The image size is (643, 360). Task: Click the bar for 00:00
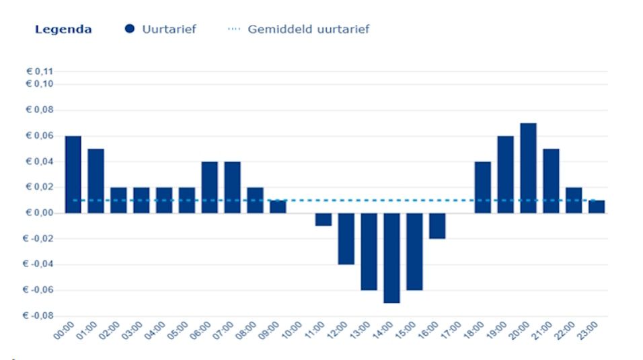[x=73, y=174]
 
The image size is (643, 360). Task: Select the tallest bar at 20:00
[x=528, y=168]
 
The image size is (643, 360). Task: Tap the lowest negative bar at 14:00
[x=391, y=258]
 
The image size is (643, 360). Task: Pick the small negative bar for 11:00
[x=324, y=219]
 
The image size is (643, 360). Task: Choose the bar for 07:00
[x=232, y=187]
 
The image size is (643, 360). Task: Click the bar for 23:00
[x=597, y=207]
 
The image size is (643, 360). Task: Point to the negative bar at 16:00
[x=437, y=225]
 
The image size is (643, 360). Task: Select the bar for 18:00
[x=483, y=187]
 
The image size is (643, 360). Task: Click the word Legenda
[x=63, y=30]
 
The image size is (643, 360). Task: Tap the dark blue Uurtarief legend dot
[x=130, y=29]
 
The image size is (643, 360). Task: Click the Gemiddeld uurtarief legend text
[x=308, y=30]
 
